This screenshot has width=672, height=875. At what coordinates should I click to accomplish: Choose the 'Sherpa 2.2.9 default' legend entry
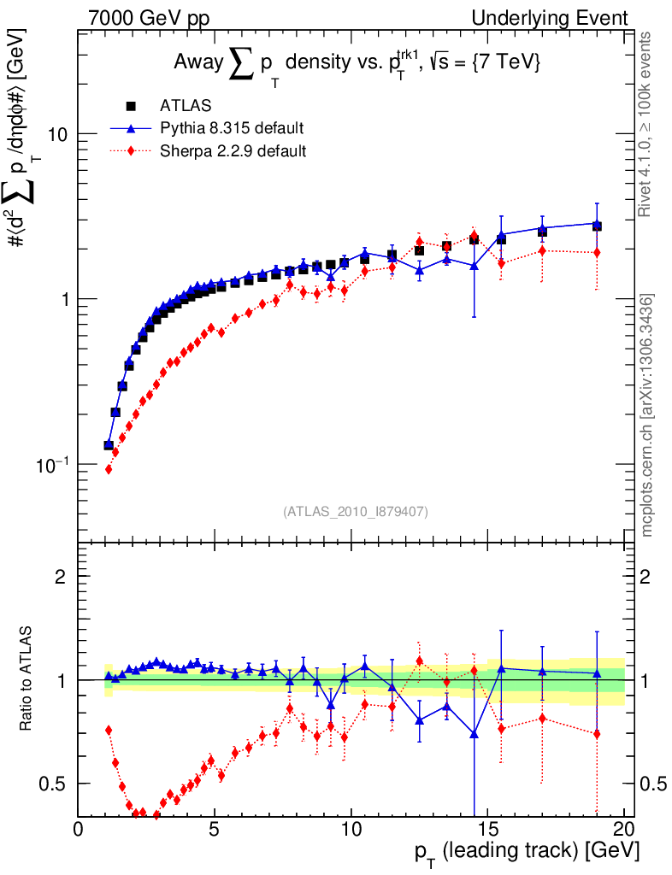[x=233, y=151]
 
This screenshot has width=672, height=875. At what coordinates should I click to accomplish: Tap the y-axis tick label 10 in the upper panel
[x=57, y=135]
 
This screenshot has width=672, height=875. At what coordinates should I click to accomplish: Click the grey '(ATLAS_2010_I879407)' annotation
[x=356, y=512]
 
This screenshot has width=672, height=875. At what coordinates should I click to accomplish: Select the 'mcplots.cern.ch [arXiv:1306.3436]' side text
[x=648, y=415]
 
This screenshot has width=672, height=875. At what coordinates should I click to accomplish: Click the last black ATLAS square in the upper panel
[x=597, y=226]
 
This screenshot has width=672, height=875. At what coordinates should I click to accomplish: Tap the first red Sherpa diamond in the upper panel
[x=109, y=469]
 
